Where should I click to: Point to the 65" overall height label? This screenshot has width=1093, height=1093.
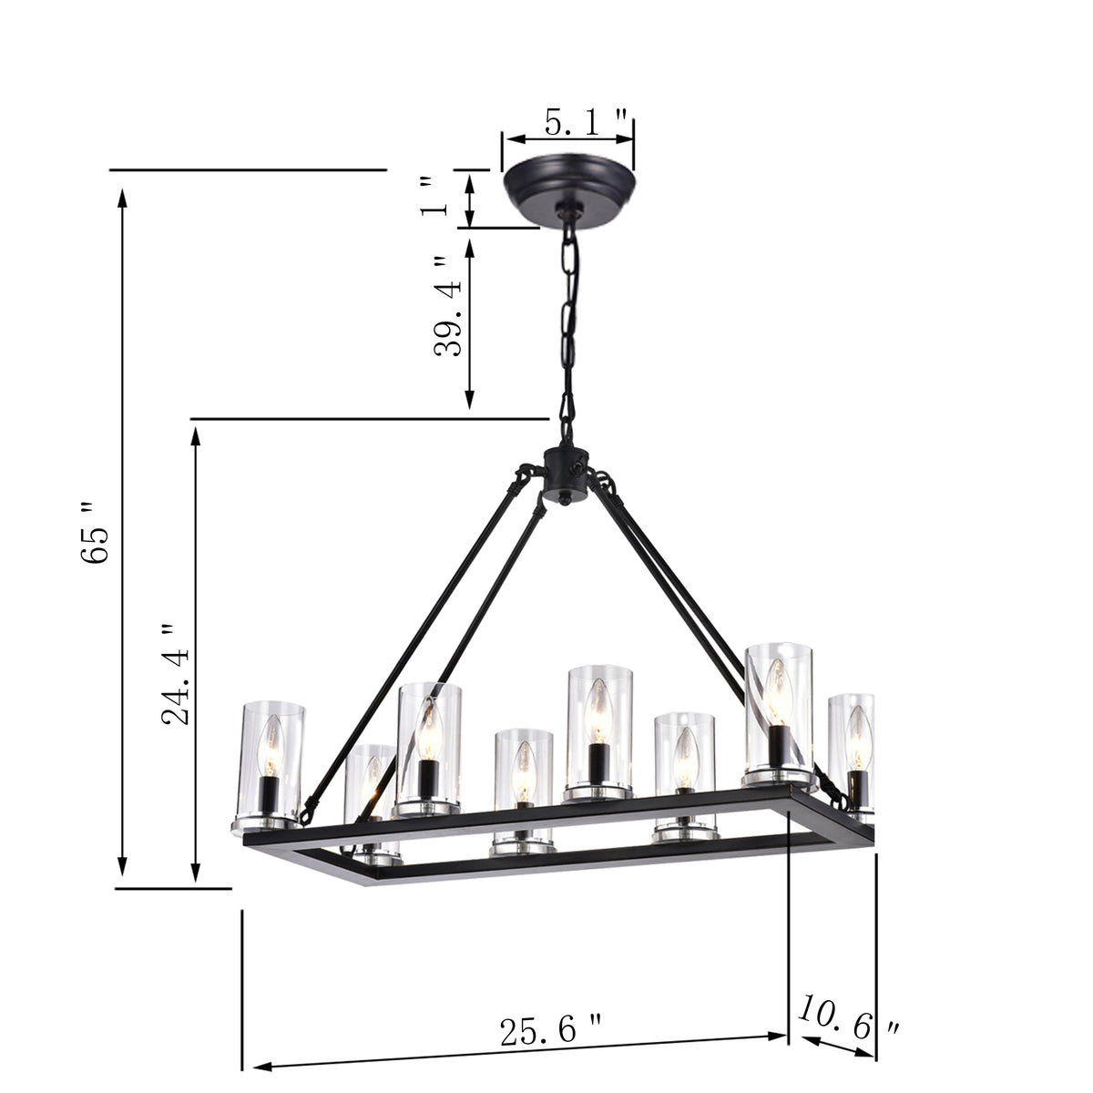click(95, 532)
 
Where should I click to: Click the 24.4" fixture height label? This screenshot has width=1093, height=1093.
click(176, 674)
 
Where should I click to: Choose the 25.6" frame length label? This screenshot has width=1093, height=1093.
click(550, 1031)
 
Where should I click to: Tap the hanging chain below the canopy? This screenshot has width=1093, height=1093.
click(570, 319)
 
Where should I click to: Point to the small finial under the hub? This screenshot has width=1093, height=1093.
click(565, 499)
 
